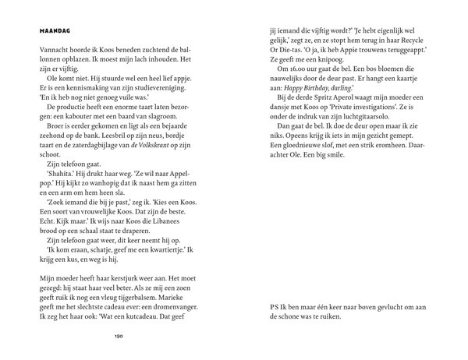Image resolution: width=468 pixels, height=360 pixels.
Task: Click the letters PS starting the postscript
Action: tap(273, 306)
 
